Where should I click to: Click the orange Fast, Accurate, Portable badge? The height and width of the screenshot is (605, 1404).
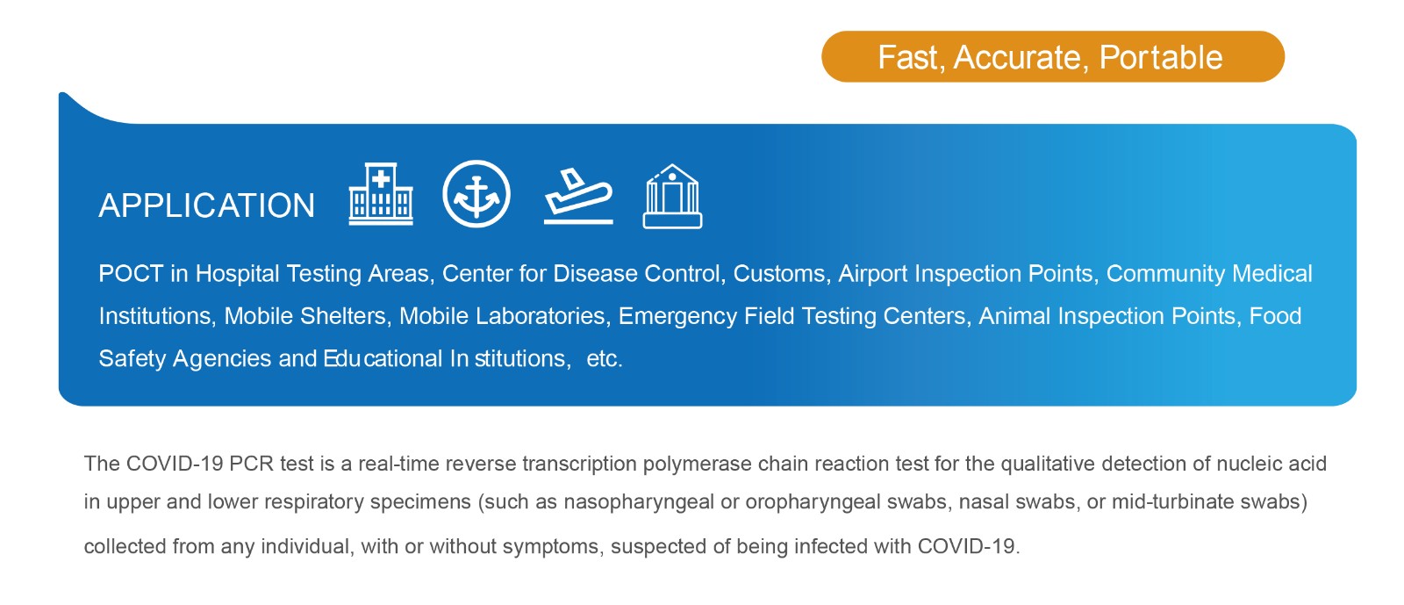pyautogui.click(x=1053, y=56)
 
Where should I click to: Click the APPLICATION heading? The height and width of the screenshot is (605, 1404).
pyautogui.click(x=207, y=205)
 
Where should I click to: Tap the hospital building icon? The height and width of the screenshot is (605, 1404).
pyautogui.click(x=381, y=194)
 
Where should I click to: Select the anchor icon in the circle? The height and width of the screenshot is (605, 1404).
pyautogui.click(x=476, y=194)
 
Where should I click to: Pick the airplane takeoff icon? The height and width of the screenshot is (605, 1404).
pyautogui.click(x=578, y=196)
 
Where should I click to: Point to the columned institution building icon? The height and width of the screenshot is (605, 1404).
pyautogui.click(x=672, y=196)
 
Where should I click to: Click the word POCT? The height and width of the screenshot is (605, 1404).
pyautogui.click(x=131, y=274)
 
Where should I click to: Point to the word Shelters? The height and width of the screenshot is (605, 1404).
pyautogui.click(x=346, y=317)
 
